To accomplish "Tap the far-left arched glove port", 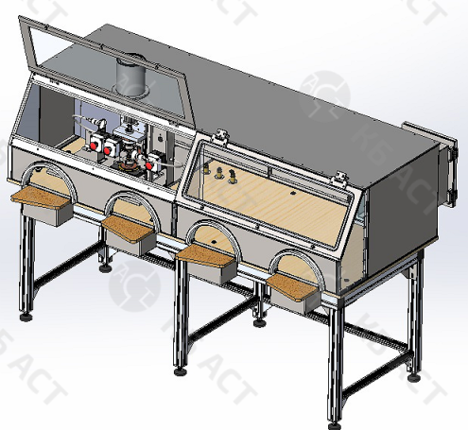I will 47,180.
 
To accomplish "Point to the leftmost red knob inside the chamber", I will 95,143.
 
